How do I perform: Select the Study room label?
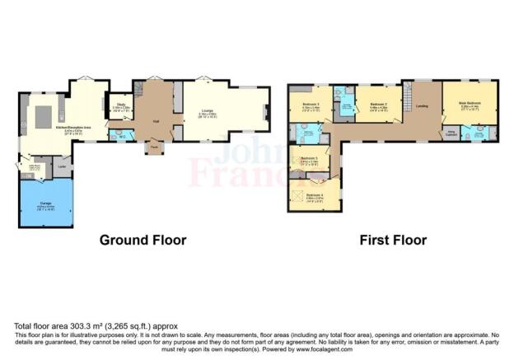point(121,105)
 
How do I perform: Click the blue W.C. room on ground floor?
point(121,134)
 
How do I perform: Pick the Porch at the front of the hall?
point(154,148)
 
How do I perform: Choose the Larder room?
point(62,166)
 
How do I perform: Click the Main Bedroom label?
point(469,105)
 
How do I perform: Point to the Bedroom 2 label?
point(378,105)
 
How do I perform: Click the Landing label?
point(423,105)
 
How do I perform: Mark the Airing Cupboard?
point(451,131)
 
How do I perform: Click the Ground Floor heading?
point(143,241)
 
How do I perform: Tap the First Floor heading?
point(393,241)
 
